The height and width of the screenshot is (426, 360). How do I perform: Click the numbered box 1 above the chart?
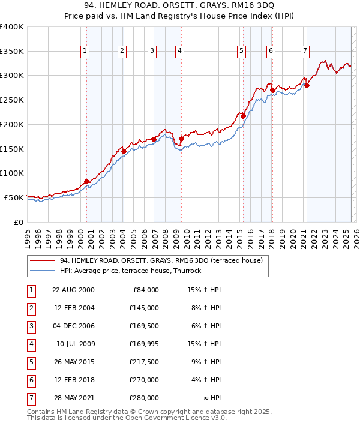coord(86,51)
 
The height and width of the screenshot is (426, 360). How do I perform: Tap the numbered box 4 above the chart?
coord(179,51)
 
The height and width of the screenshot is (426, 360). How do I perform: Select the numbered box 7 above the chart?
coord(305,51)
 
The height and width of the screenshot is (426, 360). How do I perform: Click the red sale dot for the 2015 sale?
coord(244,116)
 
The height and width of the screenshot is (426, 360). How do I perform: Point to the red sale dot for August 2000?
coord(87,181)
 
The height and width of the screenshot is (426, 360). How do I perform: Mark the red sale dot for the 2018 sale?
coord(272,91)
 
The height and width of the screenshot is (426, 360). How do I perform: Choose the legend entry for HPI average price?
coord(130,271)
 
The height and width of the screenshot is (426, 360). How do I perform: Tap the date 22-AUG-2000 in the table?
coord(73,290)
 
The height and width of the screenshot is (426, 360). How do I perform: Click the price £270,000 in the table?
coord(144,380)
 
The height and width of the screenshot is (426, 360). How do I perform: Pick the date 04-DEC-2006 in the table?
coord(73,326)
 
